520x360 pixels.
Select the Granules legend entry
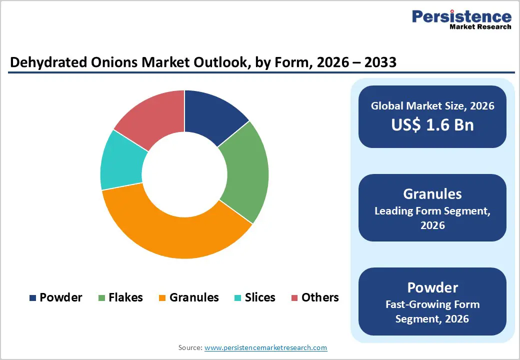tap(188, 297)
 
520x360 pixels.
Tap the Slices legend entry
tap(254, 297)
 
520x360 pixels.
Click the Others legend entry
tap(314, 297)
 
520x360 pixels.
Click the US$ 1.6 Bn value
tap(432, 125)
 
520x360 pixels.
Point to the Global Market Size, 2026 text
tap(432, 105)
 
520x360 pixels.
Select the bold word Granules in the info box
tap(432, 194)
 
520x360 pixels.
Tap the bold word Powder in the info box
tap(432, 287)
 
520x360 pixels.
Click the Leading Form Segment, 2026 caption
tap(432, 218)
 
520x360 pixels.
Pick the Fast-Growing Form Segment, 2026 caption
tap(432, 311)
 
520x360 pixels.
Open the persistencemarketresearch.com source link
tap(265, 347)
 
